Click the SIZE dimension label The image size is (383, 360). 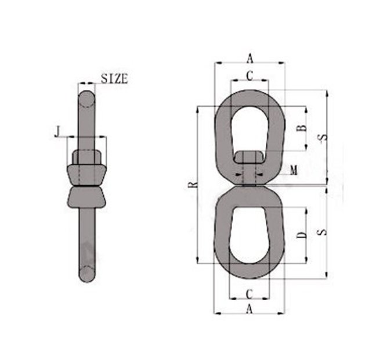click(114, 78)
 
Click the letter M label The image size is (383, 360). click(294, 170)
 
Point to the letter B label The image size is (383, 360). click(301, 128)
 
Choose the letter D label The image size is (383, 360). click(301, 235)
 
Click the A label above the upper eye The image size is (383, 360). click(250, 57)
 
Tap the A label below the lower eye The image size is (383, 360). click(250, 309)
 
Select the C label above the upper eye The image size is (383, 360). click(250, 75)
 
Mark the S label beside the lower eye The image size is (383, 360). click(324, 232)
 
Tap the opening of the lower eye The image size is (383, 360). click(250, 235)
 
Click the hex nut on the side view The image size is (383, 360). click(87, 157)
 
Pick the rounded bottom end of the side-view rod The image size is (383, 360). click(87, 273)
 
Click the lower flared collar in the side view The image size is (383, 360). click(87, 197)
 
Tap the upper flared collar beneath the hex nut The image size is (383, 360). click(87, 175)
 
